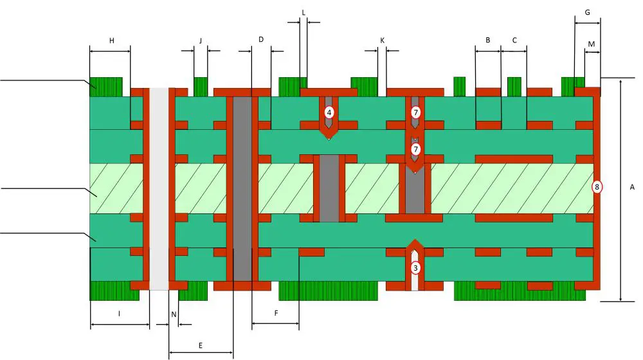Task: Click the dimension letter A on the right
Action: click(632, 187)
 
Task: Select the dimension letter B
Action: click(488, 40)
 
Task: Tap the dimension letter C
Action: click(514, 40)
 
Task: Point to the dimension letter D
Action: click(261, 40)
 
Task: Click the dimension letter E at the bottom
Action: click(201, 345)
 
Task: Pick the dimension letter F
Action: click(276, 313)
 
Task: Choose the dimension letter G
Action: click(587, 13)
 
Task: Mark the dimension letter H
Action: click(111, 40)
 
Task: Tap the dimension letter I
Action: click(120, 313)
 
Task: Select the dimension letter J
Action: click(200, 40)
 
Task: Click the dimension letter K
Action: click(382, 40)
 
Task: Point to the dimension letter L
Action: click(303, 13)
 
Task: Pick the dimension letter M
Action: click(592, 44)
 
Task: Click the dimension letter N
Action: click(174, 314)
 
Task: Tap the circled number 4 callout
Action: click(329, 113)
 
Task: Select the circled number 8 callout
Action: click(597, 187)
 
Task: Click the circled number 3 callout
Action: click(415, 267)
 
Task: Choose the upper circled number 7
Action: click(415, 113)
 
